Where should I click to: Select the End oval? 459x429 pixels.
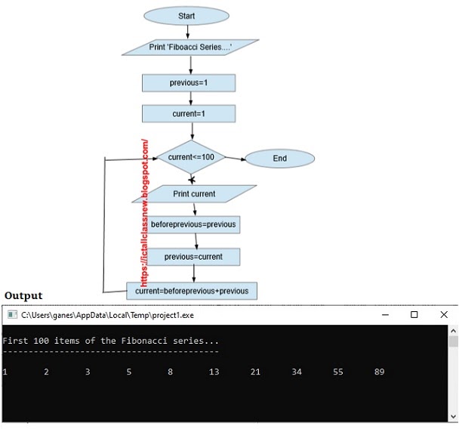point(279,159)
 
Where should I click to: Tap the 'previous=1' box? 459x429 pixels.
point(189,82)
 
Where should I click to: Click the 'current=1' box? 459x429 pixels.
point(189,114)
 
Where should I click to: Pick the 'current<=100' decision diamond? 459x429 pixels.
point(191,157)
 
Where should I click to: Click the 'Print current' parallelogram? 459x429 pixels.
point(194,194)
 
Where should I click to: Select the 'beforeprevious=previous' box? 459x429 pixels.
point(193,224)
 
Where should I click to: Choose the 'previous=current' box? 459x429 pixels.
point(193,257)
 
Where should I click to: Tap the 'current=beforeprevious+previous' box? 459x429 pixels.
point(192,290)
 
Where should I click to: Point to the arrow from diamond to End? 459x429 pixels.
point(236,159)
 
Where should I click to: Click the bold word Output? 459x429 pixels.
point(23,295)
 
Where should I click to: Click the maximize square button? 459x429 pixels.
point(414,314)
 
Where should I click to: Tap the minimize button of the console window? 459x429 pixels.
point(384,314)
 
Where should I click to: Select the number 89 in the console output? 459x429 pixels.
point(380,372)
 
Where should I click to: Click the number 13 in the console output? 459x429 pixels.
point(214,372)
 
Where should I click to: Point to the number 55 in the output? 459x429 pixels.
point(338,372)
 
